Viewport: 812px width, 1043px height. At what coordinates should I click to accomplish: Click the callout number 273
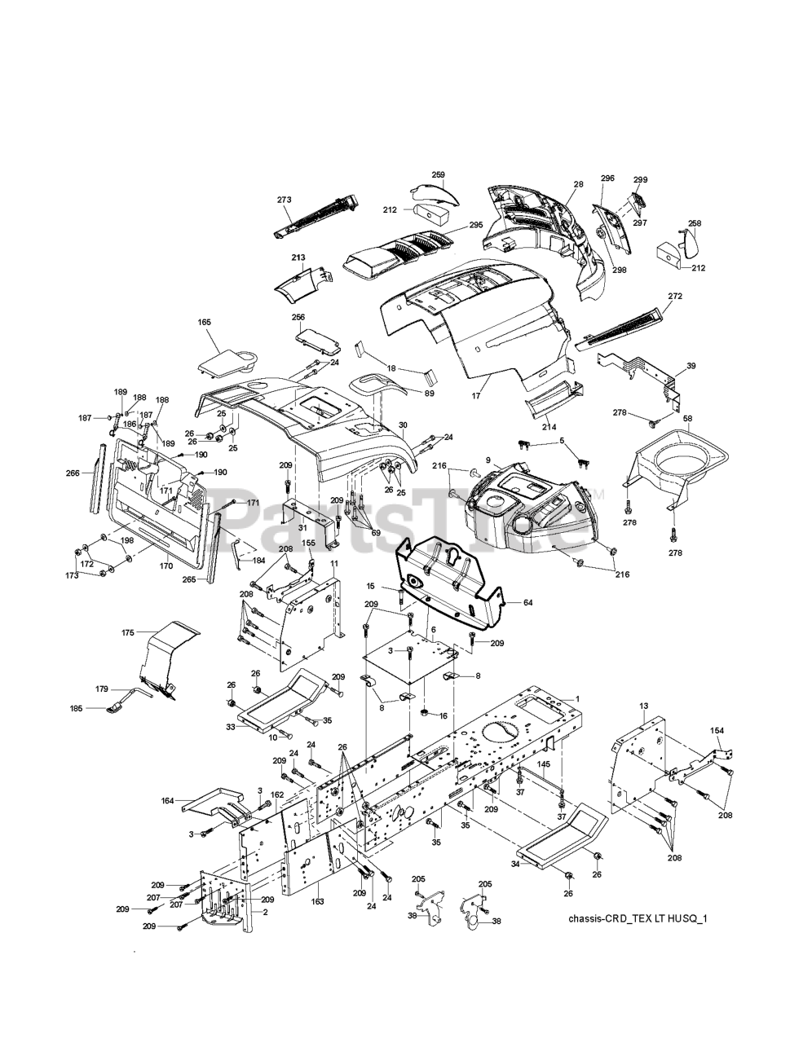(x=284, y=200)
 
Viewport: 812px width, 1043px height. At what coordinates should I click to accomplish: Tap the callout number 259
(x=438, y=174)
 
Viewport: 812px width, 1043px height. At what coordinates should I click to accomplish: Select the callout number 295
(x=476, y=225)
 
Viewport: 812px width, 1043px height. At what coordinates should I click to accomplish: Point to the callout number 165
(x=204, y=323)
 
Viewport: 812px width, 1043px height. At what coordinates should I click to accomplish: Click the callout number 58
(x=688, y=418)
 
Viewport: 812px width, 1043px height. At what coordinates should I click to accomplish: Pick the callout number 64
(x=527, y=602)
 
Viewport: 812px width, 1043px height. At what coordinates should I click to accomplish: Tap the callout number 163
(x=317, y=901)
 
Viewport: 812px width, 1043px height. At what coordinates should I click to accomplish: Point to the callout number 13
(x=643, y=705)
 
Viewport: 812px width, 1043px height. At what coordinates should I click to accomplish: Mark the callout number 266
(x=73, y=473)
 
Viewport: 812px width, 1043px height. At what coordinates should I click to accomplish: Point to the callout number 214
(x=549, y=426)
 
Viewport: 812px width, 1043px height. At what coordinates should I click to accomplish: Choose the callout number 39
(x=691, y=343)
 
